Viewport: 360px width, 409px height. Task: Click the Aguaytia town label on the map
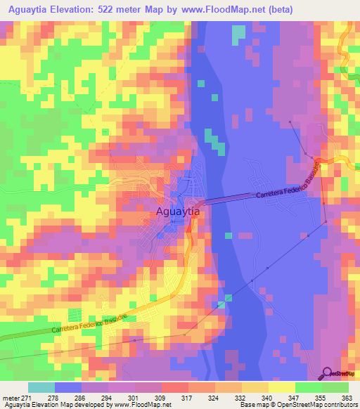[179, 210]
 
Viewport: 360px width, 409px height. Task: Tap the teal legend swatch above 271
[41, 387]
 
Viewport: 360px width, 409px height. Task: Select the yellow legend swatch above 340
[255, 387]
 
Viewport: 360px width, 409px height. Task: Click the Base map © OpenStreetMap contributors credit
[298, 405]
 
